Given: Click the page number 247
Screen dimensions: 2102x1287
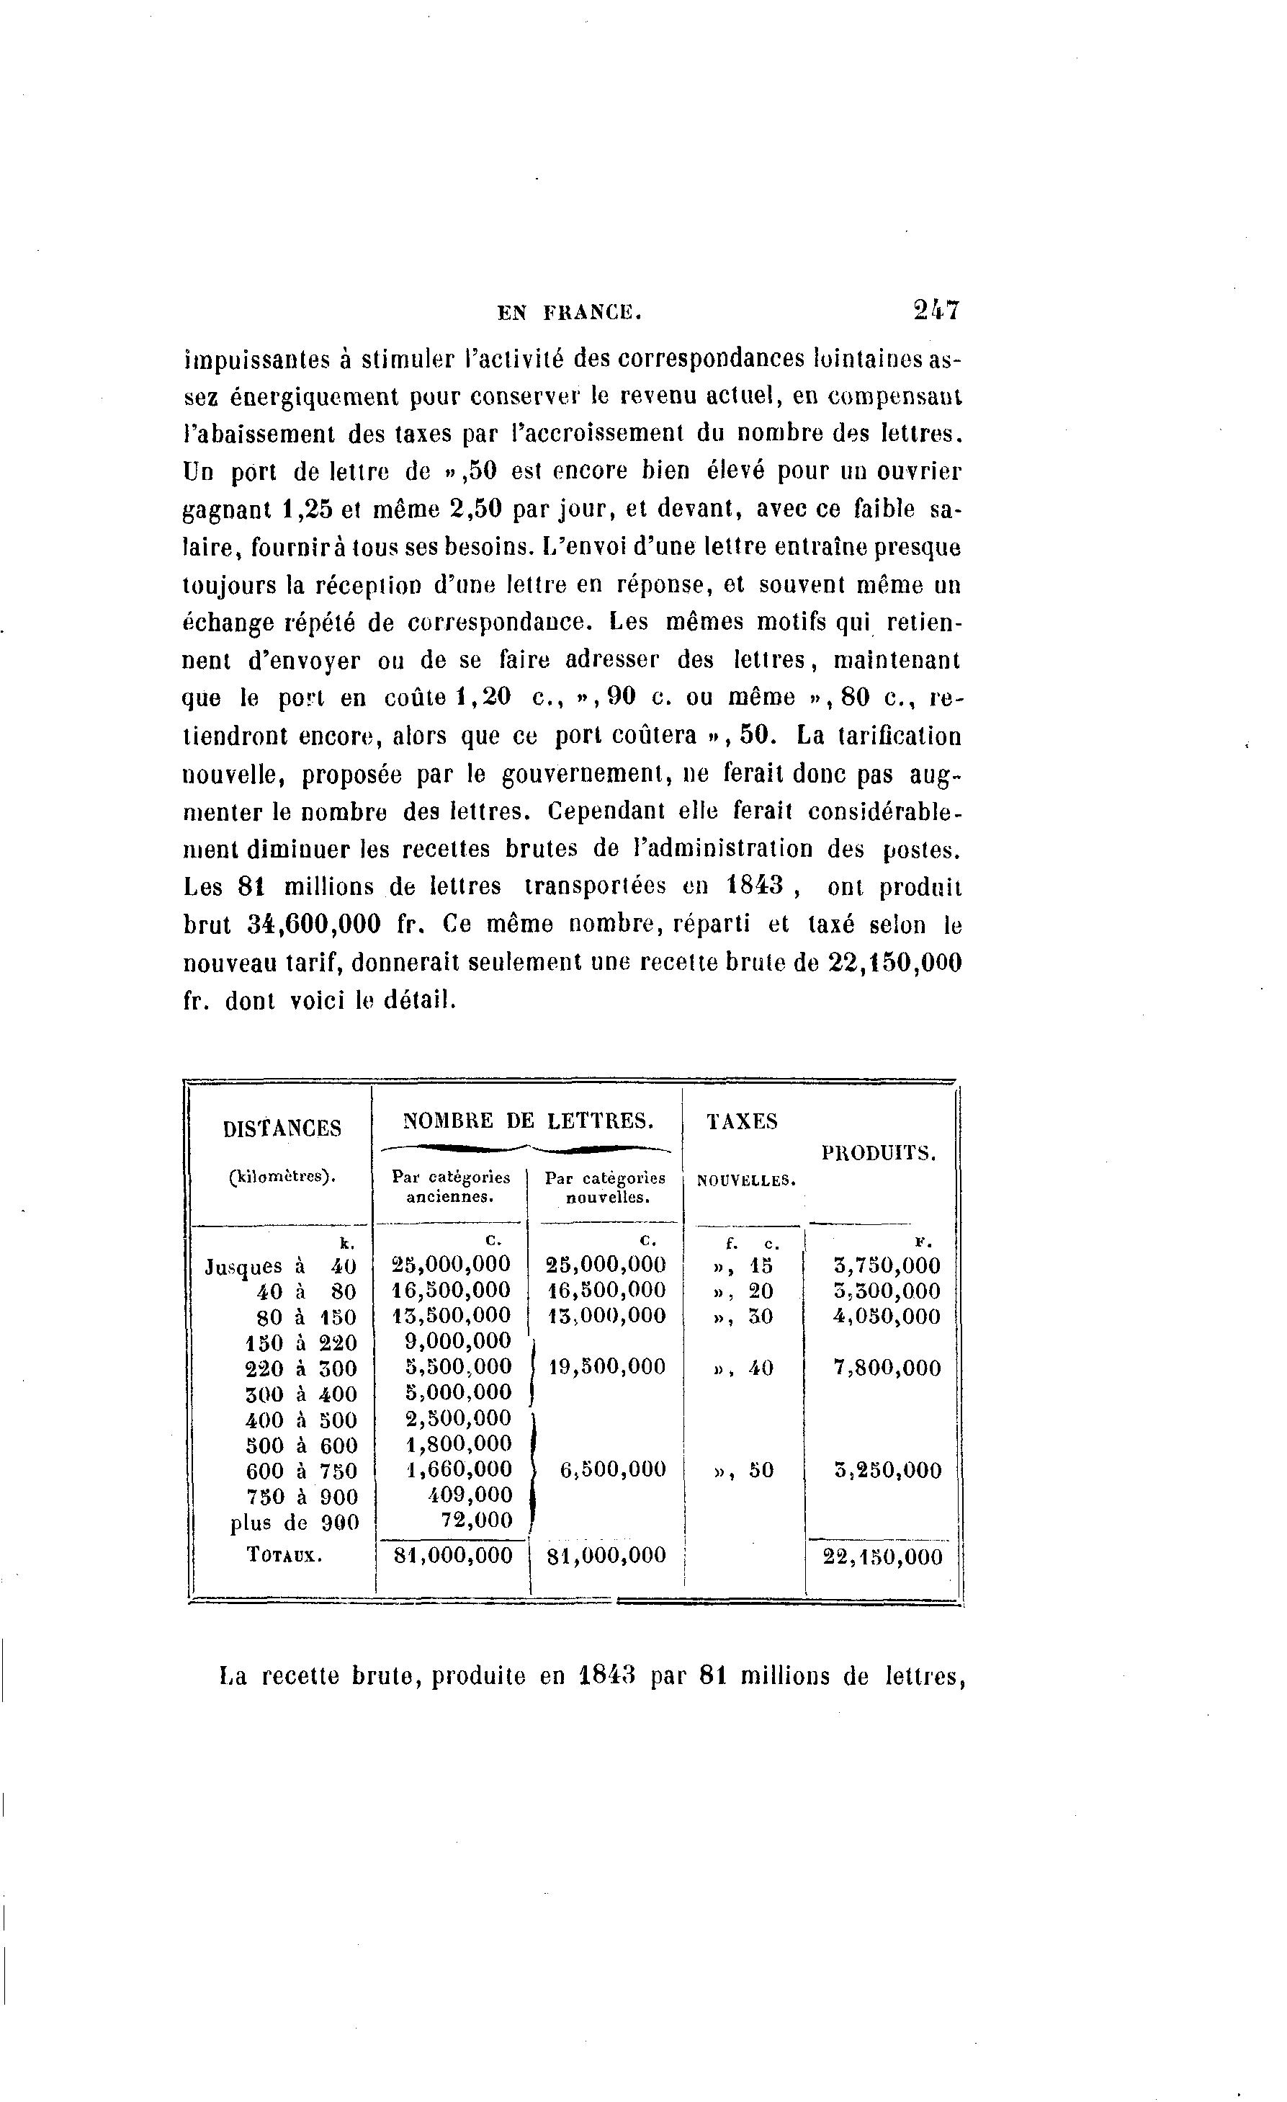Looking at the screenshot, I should [x=936, y=310].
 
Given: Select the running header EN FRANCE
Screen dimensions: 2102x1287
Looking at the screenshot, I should [x=569, y=313].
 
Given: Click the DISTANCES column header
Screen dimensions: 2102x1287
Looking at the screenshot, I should [x=282, y=1128].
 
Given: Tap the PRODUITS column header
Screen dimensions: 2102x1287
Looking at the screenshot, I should [x=879, y=1154].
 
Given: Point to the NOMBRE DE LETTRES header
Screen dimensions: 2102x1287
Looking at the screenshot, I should [x=529, y=1120].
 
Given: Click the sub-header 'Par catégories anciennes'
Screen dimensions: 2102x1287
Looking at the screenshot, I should [x=450, y=1187].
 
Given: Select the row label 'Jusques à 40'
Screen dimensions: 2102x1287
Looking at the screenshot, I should [x=282, y=1266].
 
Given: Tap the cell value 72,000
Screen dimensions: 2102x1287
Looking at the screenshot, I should [x=482, y=1520].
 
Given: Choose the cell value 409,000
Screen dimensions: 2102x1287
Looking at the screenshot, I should [x=471, y=1495].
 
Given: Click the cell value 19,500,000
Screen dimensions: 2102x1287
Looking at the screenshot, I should [x=606, y=1368].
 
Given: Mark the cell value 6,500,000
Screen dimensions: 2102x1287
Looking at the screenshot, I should [x=613, y=1470].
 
